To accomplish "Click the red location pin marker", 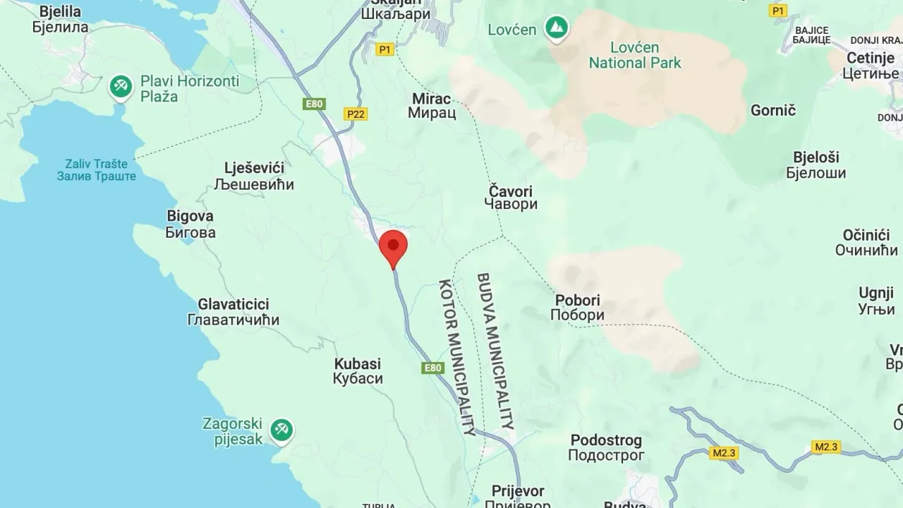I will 393,247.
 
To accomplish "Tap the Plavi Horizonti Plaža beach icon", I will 121,87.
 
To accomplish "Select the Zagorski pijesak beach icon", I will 281,430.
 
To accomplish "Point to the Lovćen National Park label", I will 635,56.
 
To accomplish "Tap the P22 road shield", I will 357,114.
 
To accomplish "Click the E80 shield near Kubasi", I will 432,368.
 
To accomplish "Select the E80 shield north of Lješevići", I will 314,104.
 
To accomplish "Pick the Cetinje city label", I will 871,66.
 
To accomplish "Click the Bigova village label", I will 190,224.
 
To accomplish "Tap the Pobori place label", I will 577,308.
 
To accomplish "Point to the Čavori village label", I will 511,198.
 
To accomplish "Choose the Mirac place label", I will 430,105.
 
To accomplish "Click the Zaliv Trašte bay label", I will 97,169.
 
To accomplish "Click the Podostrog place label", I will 606,448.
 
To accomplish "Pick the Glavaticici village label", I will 234,312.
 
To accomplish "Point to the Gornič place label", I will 773,110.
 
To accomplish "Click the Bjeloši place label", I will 820,164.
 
